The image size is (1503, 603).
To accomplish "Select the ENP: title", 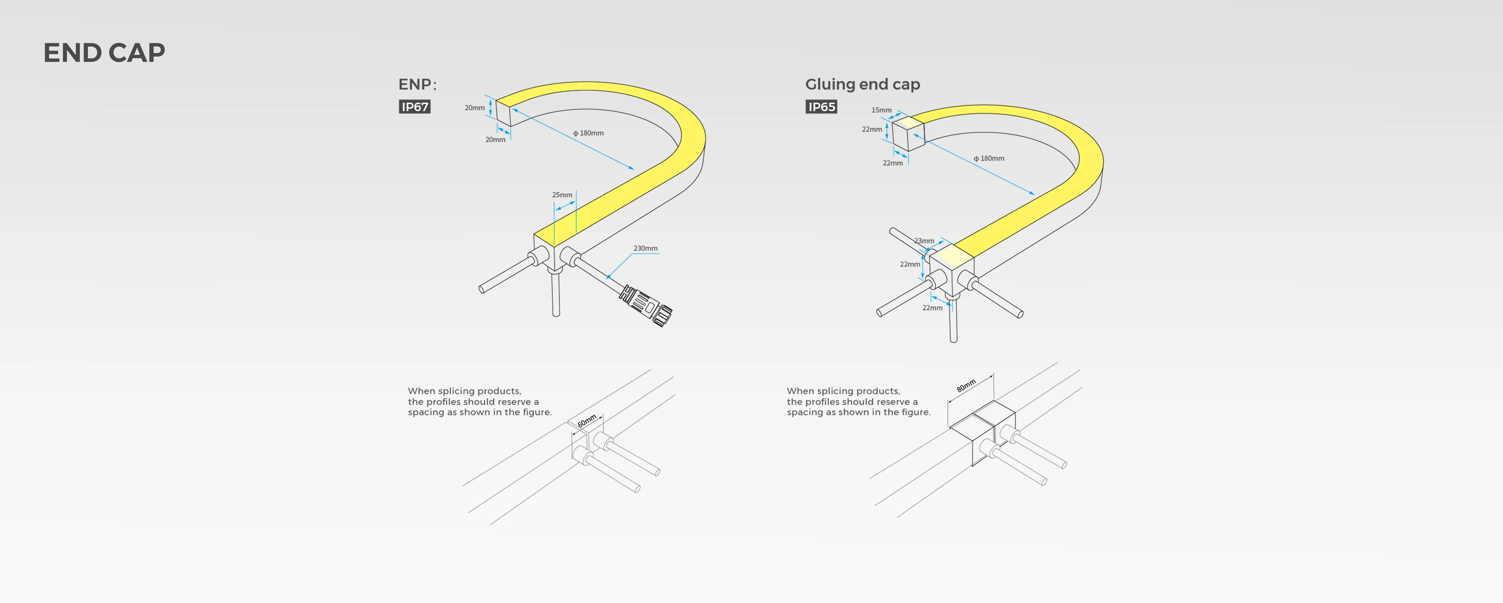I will [417, 85].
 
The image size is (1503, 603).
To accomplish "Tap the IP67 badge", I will [414, 107].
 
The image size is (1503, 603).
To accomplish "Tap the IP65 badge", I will [821, 107].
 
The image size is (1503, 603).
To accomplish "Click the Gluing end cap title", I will [862, 85].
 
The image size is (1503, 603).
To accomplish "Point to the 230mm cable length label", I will [645, 248].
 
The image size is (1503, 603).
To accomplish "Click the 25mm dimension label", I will [562, 195].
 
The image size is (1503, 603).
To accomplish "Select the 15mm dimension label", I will [881, 110].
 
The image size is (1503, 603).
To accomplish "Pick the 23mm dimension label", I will [924, 241].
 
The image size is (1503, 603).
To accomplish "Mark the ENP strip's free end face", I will [503, 112].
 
